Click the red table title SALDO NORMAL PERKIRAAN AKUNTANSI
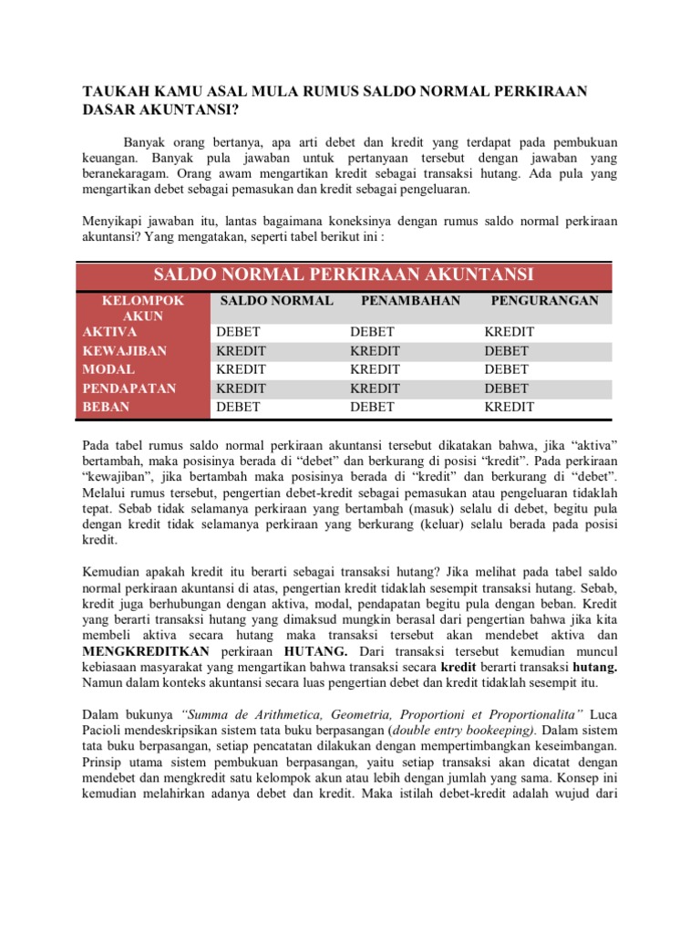pos(344,275)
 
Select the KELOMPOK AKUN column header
pos(143,308)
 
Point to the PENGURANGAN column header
pos(544,300)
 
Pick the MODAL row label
pos(108,369)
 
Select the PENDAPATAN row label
pos(129,389)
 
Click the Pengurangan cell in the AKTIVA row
pos(510,332)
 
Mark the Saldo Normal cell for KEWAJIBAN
pos(241,351)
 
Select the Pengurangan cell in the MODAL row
pos(507,369)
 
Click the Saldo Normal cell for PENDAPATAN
pos(241,389)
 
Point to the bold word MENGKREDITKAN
pos(146,652)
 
